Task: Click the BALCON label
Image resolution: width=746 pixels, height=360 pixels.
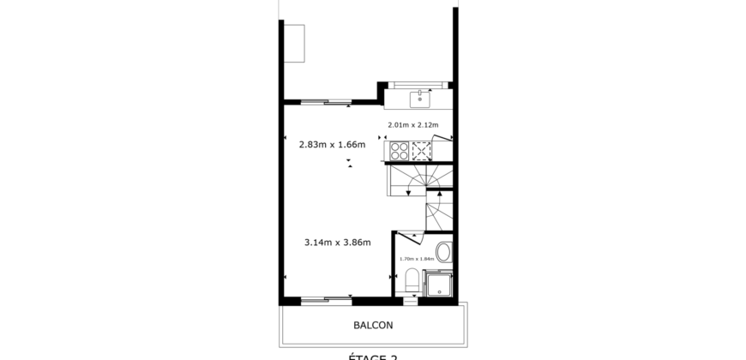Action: pyautogui.click(x=373, y=326)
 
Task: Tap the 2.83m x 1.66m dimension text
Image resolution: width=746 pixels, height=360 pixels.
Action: pyautogui.click(x=332, y=145)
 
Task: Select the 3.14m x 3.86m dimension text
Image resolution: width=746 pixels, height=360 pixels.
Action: pyautogui.click(x=337, y=243)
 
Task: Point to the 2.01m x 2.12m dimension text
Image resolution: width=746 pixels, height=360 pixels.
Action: pyautogui.click(x=413, y=125)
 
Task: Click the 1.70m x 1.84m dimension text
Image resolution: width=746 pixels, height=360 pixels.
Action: pyautogui.click(x=415, y=258)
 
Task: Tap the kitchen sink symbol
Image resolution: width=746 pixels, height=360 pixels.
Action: pyautogui.click(x=418, y=96)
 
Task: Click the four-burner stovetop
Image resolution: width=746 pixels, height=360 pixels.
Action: pyautogui.click(x=400, y=151)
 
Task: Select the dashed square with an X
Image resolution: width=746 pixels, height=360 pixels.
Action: pyautogui.click(x=422, y=151)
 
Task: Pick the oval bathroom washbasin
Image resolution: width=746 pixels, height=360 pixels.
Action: pyautogui.click(x=442, y=252)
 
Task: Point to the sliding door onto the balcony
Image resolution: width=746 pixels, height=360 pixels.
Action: pyautogui.click(x=326, y=300)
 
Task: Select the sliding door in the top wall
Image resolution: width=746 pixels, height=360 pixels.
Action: pyautogui.click(x=326, y=102)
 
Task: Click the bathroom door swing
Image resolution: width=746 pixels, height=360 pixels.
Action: pyautogui.click(x=409, y=239)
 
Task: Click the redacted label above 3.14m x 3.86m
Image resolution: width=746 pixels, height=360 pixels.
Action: pyautogui.click(x=338, y=227)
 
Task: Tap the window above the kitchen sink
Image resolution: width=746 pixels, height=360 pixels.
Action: pyautogui.click(x=418, y=84)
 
